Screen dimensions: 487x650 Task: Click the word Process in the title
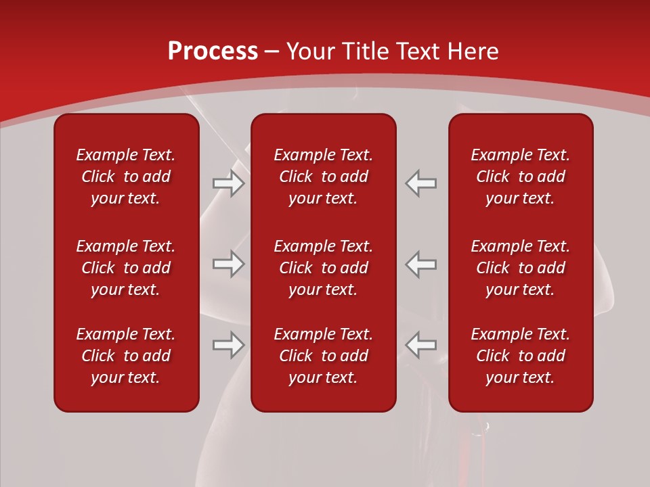(213, 51)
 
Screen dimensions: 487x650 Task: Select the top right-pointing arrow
(228, 183)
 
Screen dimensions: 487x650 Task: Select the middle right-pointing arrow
(228, 264)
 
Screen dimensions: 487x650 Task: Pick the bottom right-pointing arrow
(228, 344)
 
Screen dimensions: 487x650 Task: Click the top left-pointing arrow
(421, 183)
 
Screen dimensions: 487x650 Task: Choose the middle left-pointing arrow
(421, 264)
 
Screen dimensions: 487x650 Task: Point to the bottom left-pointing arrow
(421, 344)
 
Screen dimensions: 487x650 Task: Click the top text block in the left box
(126, 177)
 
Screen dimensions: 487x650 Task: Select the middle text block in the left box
(126, 268)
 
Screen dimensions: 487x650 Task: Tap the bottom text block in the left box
(126, 356)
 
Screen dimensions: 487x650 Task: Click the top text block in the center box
(323, 177)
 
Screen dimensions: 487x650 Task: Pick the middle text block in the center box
(323, 268)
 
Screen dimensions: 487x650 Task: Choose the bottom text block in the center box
(323, 356)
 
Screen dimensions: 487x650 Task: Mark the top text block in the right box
(520, 177)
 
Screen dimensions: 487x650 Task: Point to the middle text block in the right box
(520, 268)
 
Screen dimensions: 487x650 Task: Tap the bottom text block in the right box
(520, 356)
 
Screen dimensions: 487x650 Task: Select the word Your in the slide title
(310, 51)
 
